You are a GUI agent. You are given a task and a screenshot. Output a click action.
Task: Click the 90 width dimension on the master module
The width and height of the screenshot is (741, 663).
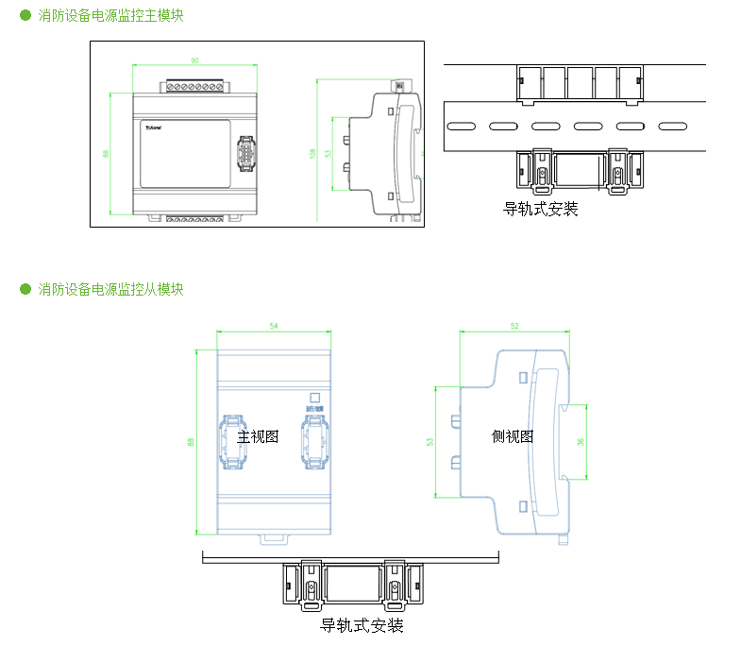(194, 60)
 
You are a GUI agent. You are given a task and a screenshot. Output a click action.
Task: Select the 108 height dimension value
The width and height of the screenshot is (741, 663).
(312, 153)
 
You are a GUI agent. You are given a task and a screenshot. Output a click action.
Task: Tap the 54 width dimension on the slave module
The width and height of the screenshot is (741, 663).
(274, 326)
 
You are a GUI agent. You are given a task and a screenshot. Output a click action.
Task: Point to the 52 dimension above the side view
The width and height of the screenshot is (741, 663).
(514, 326)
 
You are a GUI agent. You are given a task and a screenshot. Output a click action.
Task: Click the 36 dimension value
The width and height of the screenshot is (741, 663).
(581, 440)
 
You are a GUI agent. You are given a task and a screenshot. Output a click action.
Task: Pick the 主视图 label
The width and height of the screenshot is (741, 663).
(258, 436)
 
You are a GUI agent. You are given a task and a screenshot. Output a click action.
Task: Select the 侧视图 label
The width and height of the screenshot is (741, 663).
(513, 436)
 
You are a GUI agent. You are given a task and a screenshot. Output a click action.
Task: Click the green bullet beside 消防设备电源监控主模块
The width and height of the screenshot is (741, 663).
(25, 16)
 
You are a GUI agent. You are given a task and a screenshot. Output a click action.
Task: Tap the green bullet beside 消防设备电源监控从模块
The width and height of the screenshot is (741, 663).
(25, 289)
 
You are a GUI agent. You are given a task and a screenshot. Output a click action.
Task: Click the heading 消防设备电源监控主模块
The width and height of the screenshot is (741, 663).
(110, 16)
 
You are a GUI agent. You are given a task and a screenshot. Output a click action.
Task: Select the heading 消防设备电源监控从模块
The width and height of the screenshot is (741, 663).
(110, 289)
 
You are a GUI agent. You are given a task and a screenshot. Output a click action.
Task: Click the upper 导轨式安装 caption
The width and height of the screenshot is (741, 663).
(541, 209)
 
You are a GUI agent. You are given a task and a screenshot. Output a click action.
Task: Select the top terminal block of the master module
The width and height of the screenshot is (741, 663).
(195, 87)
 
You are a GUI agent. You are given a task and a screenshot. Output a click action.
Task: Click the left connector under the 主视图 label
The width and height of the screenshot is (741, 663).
(233, 445)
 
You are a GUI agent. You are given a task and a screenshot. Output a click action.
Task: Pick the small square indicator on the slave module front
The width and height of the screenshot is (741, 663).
(315, 399)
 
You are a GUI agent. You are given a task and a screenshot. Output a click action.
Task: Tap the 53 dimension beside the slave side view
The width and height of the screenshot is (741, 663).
(430, 441)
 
